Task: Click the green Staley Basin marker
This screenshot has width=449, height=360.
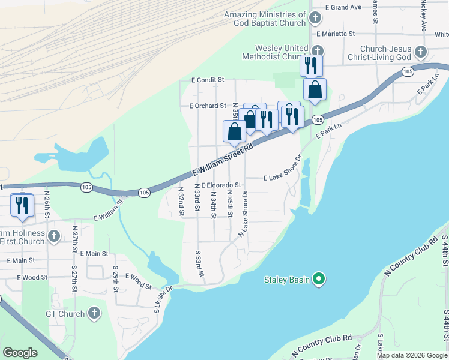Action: pyautogui.click(x=319, y=279)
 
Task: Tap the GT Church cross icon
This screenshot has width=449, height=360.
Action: pyautogui.click(x=94, y=313)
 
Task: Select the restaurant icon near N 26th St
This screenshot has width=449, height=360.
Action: pyautogui.click(x=22, y=205)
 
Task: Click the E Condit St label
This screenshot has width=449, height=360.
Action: pyautogui.click(x=208, y=79)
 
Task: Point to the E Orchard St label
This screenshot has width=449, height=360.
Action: pyautogui.click(x=207, y=106)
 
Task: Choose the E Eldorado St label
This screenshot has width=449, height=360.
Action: pyautogui.click(x=221, y=185)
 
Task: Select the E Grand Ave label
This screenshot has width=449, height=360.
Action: pyautogui.click(x=343, y=7)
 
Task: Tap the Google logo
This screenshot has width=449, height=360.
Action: pyautogui.click(x=20, y=352)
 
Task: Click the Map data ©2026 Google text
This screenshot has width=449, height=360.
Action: pyautogui.click(x=411, y=355)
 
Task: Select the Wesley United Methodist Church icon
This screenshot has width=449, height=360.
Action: pyautogui.click(x=318, y=52)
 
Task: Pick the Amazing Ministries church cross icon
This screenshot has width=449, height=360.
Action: pyautogui.click(x=315, y=19)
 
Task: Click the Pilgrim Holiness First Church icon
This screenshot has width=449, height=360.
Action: pyautogui.click(x=54, y=236)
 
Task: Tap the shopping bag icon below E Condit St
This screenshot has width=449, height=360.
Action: pyautogui.click(x=315, y=90)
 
